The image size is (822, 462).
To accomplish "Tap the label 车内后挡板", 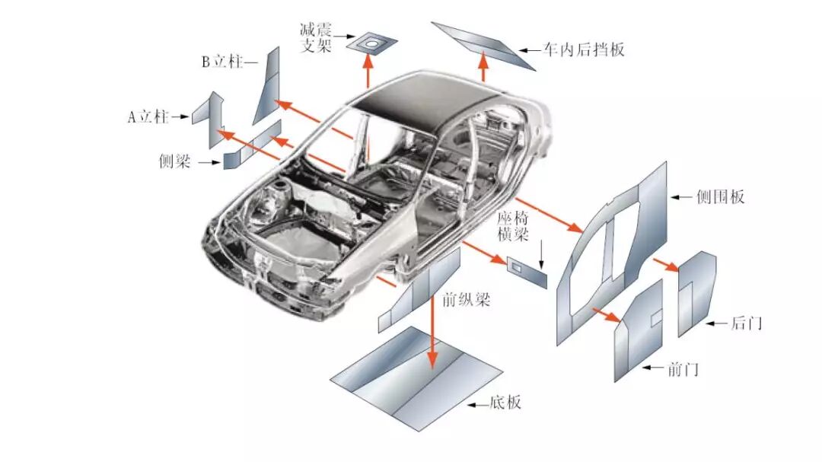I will (584, 50).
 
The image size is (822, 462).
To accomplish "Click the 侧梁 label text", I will (174, 161).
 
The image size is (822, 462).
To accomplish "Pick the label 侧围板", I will (720, 196).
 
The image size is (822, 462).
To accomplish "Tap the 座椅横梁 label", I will (511, 226).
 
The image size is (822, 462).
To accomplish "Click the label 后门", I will (746, 323).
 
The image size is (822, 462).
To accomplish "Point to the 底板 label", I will (505, 403).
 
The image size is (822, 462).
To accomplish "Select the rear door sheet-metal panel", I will (696, 293).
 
